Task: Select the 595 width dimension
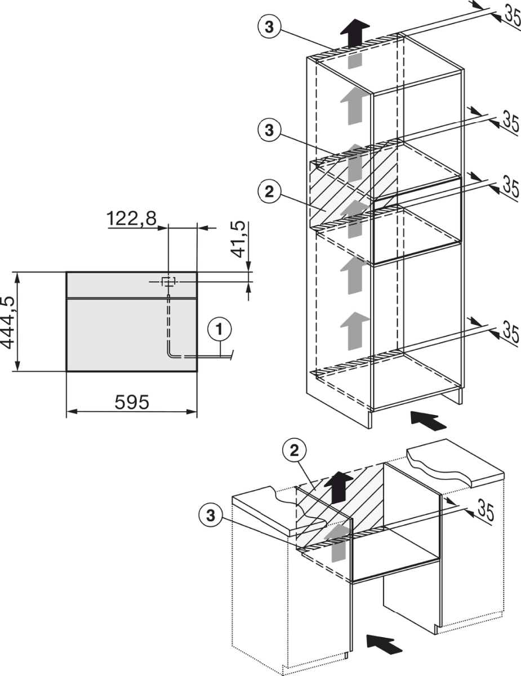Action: [132, 402]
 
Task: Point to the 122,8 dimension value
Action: [131, 218]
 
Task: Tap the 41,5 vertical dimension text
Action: [239, 239]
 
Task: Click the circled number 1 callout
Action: [220, 329]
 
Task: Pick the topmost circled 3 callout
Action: [269, 26]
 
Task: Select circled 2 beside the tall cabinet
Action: [269, 192]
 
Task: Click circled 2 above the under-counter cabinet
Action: [294, 450]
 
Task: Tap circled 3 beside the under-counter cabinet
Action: [211, 515]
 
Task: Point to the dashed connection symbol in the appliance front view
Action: [168, 281]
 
